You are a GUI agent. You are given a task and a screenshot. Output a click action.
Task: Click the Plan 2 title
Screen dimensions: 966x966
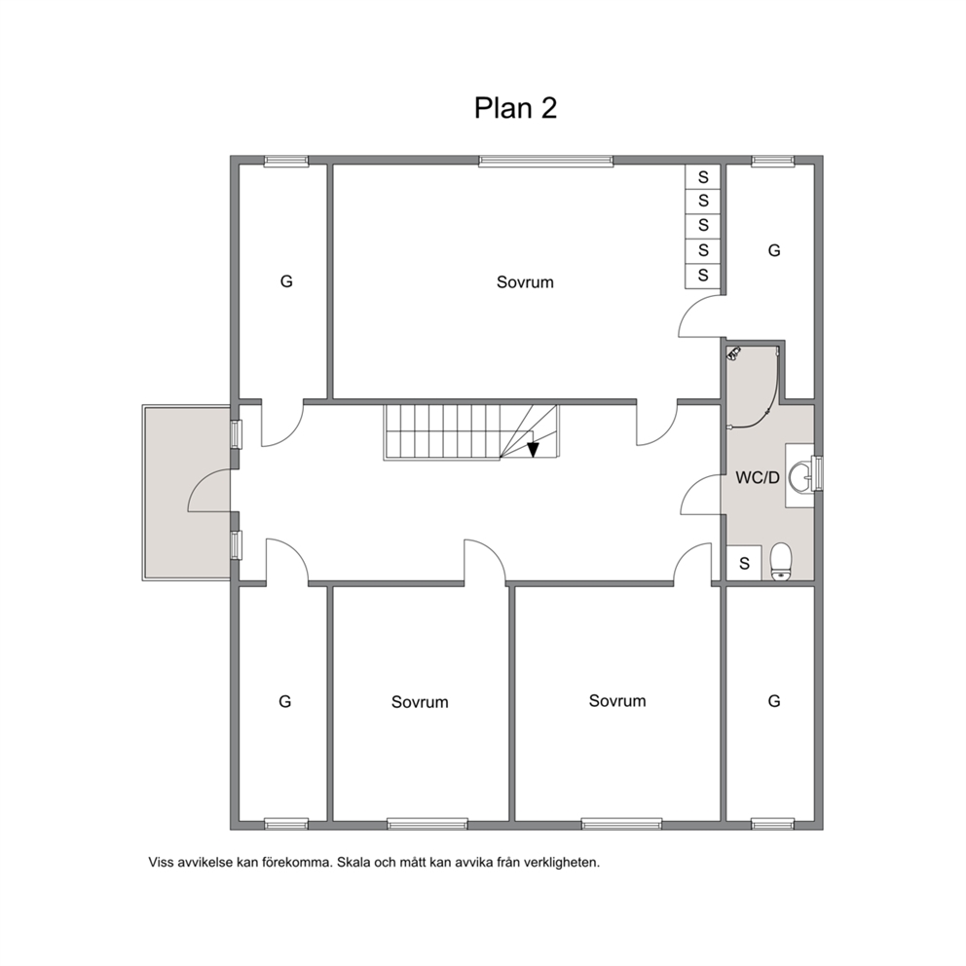click(x=516, y=108)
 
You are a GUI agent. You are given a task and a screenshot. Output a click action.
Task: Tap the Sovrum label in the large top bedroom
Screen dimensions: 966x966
click(x=525, y=282)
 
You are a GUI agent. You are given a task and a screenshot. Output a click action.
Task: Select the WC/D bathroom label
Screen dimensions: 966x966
click(x=758, y=477)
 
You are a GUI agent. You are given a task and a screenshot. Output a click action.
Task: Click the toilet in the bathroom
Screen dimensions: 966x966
click(x=781, y=562)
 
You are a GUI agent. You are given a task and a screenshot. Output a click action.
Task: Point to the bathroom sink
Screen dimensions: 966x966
click(x=799, y=476)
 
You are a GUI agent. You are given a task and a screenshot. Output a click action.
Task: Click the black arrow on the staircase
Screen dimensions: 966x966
click(x=533, y=450)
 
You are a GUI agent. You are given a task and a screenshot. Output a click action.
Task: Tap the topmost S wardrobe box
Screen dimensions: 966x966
click(x=703, y=177)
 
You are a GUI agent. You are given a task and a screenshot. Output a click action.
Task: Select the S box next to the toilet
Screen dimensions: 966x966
click(x=744, y=563)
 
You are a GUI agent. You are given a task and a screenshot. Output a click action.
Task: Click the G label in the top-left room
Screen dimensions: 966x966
click(x=286, y=281)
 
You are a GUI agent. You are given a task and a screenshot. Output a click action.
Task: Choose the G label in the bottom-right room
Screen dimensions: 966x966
click(x=774, y=701)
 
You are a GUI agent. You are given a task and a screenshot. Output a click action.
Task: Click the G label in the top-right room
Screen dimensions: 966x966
click(x=774, y=250)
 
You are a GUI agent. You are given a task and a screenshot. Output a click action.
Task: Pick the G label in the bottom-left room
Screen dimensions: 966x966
click(x=284, y=702)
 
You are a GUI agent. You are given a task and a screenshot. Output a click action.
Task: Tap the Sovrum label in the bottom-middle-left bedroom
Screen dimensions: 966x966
click(x=420, y=702)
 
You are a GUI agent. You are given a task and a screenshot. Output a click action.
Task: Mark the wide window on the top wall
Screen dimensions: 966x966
click(x=546, y=162)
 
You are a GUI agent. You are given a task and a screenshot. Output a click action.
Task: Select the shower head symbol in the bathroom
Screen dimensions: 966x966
click(x=733, y=353)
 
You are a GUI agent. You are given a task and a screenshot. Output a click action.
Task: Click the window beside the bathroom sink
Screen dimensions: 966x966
click(x=818, y=472)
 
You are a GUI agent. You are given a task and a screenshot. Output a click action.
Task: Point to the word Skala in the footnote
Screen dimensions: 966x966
click(x=353, y=863)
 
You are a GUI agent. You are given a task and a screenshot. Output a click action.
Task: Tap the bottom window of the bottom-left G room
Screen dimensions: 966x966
click(x=286, y=824)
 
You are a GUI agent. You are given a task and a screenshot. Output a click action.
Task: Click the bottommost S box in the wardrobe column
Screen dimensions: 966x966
click(x=703, y=276)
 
